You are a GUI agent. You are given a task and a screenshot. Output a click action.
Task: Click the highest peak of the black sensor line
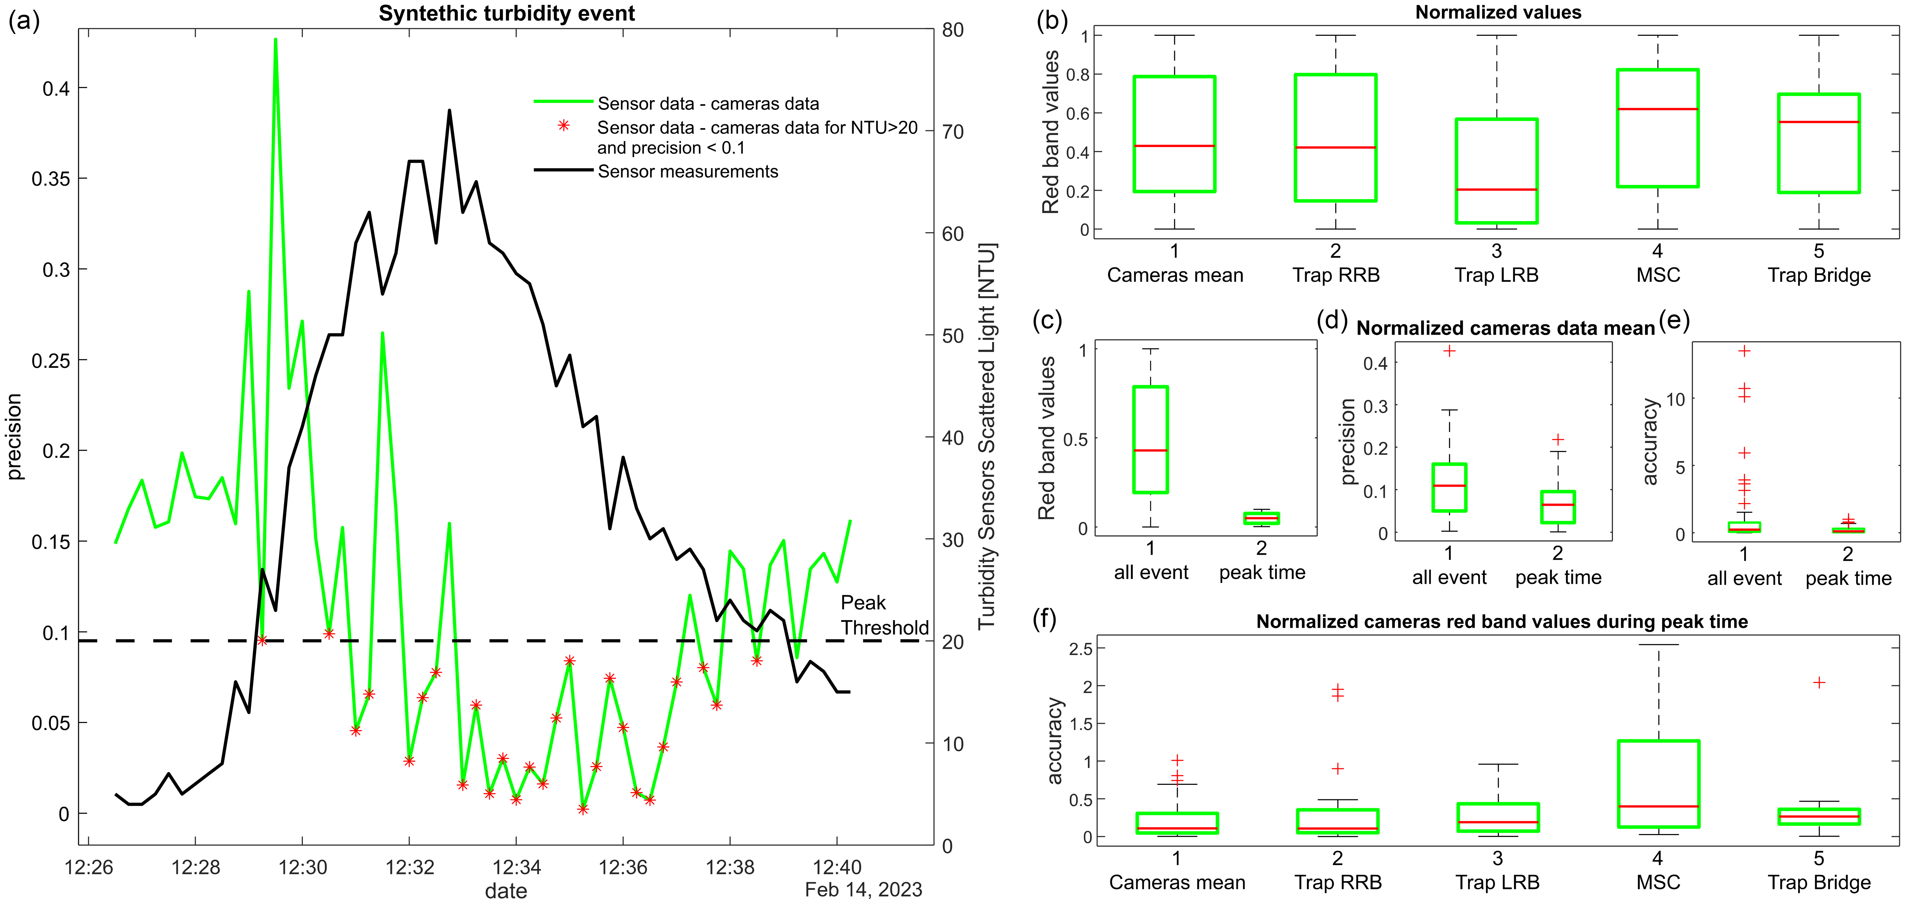pos(449,111)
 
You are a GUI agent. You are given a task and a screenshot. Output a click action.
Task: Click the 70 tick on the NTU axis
pos(953,132)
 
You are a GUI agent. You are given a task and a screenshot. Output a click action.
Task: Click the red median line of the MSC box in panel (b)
pos(1657,109)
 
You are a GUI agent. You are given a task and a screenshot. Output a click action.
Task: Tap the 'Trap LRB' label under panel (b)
pos(1496,275)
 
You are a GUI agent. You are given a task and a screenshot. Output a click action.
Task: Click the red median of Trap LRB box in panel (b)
pos(1496,190)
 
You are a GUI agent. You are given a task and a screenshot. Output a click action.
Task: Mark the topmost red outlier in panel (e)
pos(1744,351)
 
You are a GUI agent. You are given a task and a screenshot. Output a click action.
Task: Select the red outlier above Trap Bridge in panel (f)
pos(1819,682)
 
